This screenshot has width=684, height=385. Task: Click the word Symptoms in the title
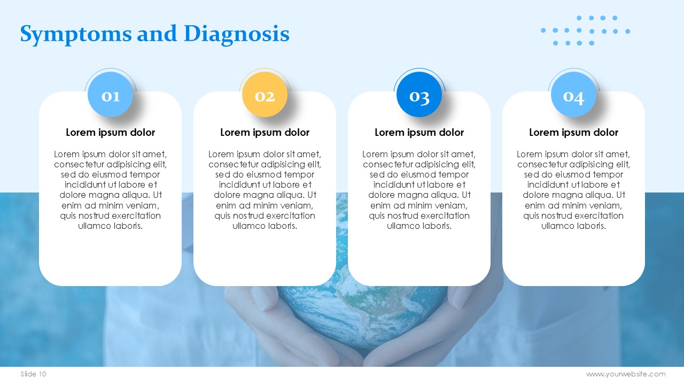click(76, 35)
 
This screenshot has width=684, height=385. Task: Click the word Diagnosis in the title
click(237, 34)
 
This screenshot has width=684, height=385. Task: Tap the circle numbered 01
click(110, 95)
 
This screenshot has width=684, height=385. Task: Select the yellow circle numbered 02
click(265, 95)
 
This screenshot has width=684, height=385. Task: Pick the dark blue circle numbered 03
click(419, 95)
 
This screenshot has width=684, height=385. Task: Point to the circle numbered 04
click(574, 95)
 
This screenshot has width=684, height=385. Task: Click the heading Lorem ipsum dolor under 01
click(110, 133)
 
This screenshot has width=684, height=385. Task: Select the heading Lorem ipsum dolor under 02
click(265, 133)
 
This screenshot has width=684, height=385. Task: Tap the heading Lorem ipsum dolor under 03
click(419, 133)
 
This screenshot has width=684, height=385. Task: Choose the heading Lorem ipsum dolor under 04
click(574, 133)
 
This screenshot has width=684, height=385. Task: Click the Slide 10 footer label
click(33, 374)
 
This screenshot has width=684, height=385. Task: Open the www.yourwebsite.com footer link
click(626, 374)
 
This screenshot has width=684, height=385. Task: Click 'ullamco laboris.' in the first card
click(110, 226)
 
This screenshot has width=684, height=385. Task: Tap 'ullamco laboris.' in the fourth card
click(574, 226)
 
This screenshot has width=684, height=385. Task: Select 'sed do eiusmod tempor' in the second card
click(265, 175)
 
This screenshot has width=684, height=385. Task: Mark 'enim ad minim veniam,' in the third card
click(419, 206)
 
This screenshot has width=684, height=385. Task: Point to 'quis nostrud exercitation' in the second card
click(265, 215)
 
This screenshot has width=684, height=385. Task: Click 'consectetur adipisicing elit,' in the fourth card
click(574, 164)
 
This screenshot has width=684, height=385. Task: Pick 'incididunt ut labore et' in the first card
click(111, 185)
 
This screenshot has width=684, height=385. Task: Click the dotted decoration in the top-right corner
click(585, 30)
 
